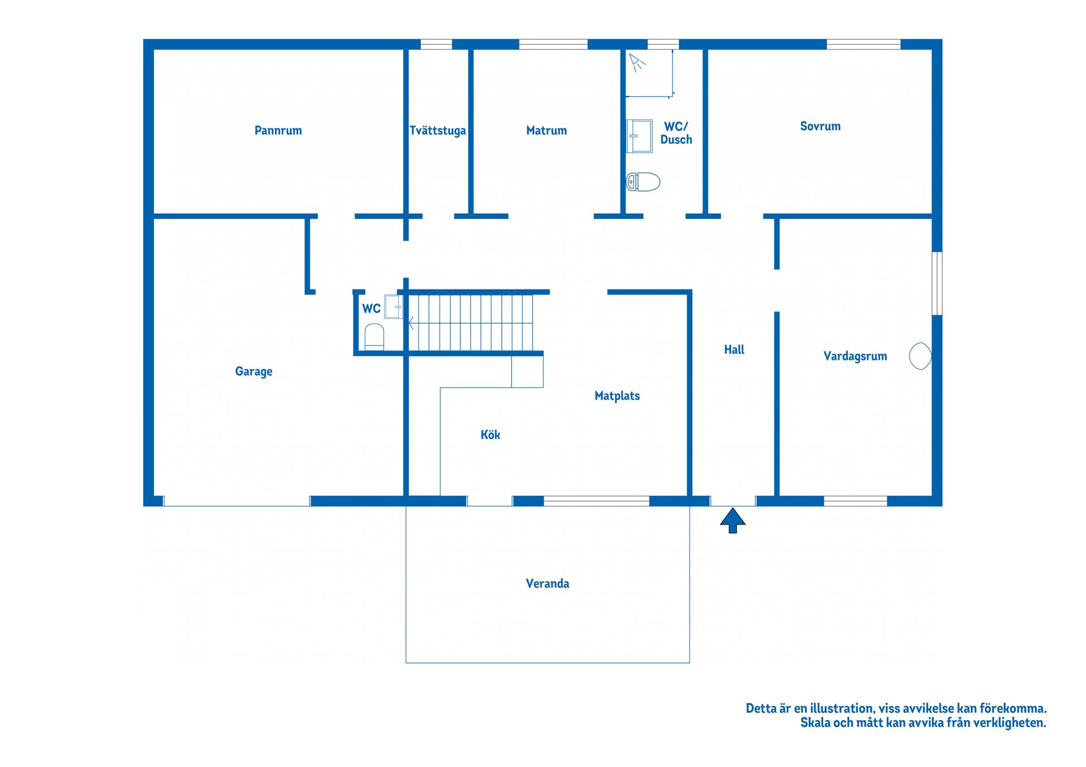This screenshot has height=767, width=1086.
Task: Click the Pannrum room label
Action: click(278, 131)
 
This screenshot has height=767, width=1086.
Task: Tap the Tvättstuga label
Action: click(438, 131)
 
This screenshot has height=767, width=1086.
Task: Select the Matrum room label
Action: click(546, 131)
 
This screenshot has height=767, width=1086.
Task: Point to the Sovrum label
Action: click(820, 126)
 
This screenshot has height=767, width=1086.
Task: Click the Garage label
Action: click(253, 371)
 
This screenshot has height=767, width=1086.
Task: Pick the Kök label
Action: click(490, 435)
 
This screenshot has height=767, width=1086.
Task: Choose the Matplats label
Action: click(617, 396)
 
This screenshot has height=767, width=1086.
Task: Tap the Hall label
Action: click(734, 349)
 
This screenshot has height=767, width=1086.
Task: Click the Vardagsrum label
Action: click(855, 356)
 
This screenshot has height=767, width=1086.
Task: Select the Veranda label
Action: click(548, 583)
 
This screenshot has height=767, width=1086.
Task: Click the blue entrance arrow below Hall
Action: click(732, 520)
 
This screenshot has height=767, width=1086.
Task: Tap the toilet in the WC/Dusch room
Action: click(643, 182)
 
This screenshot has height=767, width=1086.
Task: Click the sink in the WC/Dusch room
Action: click(639, 136)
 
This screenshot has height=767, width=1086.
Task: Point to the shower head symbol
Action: click(637, 62)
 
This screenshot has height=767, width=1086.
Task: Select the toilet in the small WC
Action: click(374, 337)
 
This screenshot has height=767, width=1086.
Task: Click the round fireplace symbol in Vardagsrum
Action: click(920, 356)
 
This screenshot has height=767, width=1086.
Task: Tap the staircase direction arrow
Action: click(412, 323)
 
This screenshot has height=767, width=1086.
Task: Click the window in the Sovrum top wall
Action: click(863, 44)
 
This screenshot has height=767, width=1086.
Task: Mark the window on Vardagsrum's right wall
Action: click(937, 283)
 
